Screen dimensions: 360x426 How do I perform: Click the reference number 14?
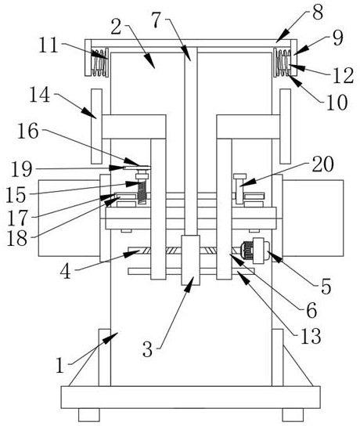click(40, 95)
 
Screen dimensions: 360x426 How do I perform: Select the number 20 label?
click(322, 164)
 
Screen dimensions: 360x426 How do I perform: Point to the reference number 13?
click(311, 335)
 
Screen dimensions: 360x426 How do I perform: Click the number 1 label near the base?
click(59, 365)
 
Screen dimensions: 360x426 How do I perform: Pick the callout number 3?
click(148, 349)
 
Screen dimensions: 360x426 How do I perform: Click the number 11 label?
click(49, 45)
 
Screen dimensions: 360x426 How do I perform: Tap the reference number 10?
click(337, 102)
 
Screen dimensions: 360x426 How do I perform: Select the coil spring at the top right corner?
click(283, 63)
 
